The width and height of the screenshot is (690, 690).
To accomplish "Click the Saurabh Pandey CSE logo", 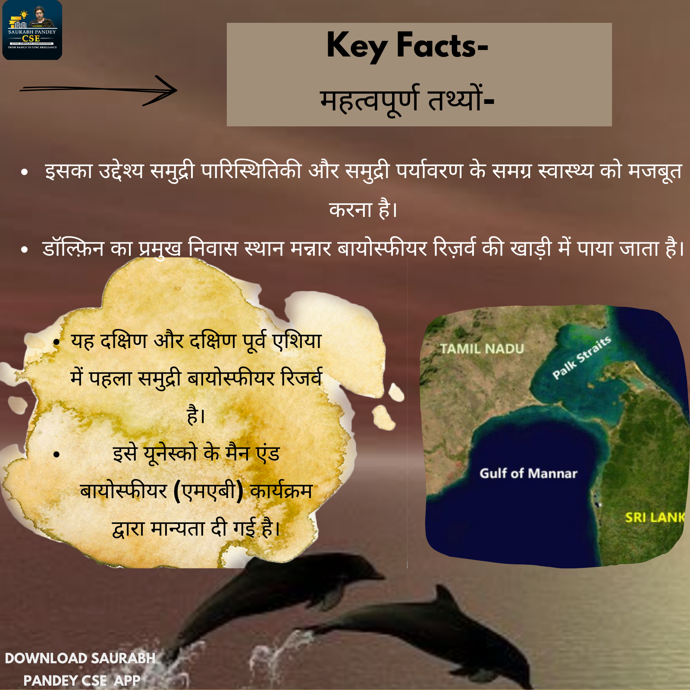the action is [32, 30].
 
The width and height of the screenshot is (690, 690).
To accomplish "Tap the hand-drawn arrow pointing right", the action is [98, 90].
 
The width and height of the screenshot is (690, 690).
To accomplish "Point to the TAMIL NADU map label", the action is [482, 348].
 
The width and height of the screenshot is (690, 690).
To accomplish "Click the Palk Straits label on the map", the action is [582, 358].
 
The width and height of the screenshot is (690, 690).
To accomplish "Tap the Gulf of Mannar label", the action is [528, 473].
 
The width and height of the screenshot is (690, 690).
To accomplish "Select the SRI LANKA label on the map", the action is [655, 517].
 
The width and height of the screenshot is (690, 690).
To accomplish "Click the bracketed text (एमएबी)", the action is [208, 491].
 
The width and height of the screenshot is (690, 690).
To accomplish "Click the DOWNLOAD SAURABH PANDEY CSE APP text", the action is [80, 669].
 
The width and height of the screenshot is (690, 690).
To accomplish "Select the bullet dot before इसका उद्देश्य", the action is [25, 172].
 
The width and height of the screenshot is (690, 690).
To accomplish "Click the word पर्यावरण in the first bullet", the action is [429, 171].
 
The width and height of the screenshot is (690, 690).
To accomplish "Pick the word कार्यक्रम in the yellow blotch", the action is [281, 491].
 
